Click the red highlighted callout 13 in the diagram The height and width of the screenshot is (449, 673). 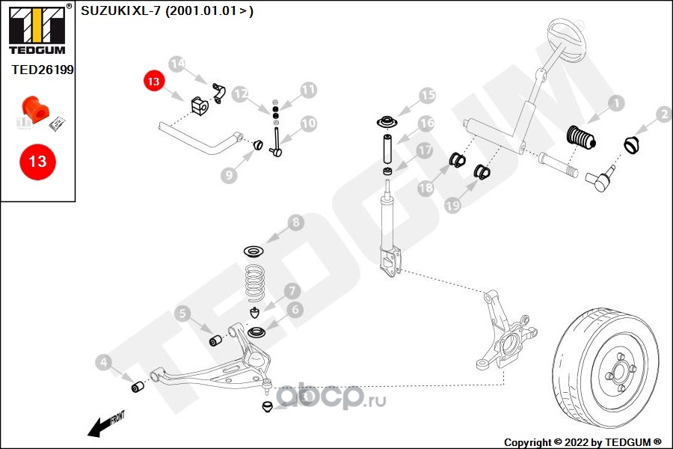pyautogui.click(x=153, y=82)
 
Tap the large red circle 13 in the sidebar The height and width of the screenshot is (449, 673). pyautogui.click(x=38, y=162)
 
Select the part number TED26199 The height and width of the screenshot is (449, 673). pyautogui.click(x=43, y=70)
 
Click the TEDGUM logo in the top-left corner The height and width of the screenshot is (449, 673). pyautogui.click(x=37, y=29)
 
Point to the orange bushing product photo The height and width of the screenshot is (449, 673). pyautogui.click(x=35, y=109)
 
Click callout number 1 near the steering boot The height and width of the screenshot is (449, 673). pyautogui.click(x=616, y=103)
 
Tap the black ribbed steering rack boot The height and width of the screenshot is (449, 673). pyautogui.click(x=581, y=138)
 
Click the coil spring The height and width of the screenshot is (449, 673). pyautogui.click(x=255, y=283)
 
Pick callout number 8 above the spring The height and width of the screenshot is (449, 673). pyautogui.click(x=295, y=222)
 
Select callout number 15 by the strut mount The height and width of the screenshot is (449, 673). pyautogui.click(x=427, y=95)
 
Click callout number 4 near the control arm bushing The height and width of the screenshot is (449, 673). pyautogui.click(x=103, y=362)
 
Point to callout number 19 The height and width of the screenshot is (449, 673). pyautogui.click(x=452, y=205)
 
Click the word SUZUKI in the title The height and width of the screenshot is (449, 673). pyautogui.click(x=105, y=10)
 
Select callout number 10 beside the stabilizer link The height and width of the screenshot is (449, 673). pyautogui.click(x=308, y=123)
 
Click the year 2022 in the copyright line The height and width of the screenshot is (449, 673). pyautogui.click(x=576, y=442)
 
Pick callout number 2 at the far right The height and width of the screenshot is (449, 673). pyautogui.click(x=664, y=114)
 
